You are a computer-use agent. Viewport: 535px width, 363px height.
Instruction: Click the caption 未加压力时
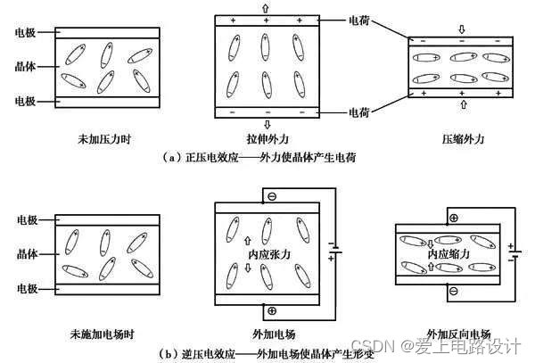tap(106, 139)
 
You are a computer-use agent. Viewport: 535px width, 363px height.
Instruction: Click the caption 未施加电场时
tap(106, 334)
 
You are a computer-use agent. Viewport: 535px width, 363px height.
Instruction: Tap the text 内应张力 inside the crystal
tap(268, 254)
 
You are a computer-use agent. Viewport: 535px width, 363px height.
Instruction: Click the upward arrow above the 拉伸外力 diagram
tap(265, 6)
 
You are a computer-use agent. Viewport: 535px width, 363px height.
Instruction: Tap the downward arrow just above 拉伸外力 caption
tap(265, 124)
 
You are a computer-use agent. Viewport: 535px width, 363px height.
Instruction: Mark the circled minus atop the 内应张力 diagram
tap(271, 196)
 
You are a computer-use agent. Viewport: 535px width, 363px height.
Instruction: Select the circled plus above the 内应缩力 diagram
tap(453, 218)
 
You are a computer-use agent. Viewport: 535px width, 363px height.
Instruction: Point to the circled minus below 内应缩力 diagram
tap(453, 291)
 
